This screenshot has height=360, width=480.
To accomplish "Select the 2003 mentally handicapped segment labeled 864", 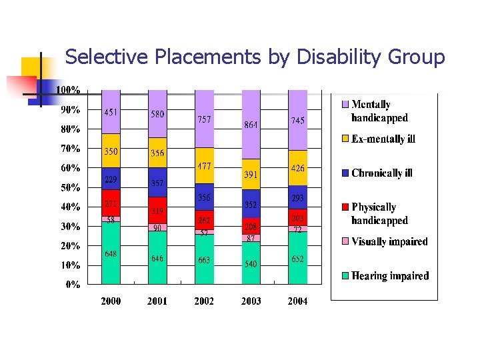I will (x=251, y=124).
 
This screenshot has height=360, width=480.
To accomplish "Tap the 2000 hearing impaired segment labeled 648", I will (x=111, y=253).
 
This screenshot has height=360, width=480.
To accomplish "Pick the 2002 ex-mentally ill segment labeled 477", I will (x=204, y=166).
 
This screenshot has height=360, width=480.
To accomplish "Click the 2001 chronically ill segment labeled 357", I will (x=157, y=182).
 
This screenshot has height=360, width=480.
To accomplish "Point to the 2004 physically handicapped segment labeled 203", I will (x=297, y=217).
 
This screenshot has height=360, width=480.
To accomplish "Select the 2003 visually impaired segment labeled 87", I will (x=251, y=238).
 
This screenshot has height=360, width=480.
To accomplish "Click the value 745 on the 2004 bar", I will (x=297, y=121).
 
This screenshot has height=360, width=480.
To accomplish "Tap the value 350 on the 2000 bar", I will (x=111, y=152).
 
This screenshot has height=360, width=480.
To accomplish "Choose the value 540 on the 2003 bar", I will (x=251, y=264).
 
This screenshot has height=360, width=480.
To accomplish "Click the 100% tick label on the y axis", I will (x=68, y=89).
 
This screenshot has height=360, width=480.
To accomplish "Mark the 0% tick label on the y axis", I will (x=72, y=285).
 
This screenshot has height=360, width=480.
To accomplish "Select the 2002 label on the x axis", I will (x=204, y=301).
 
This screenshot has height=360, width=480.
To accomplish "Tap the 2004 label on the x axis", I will (x=297, y=301).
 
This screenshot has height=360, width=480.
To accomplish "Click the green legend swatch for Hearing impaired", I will (x=345, y=275).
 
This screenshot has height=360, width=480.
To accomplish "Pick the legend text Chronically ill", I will (x=381, y=173).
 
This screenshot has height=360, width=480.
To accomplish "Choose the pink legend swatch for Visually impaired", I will (x=345, y=241).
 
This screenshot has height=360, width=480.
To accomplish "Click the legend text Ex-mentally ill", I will (x=383, y=139).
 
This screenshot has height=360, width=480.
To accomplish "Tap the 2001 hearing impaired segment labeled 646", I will (x=157, y=258).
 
